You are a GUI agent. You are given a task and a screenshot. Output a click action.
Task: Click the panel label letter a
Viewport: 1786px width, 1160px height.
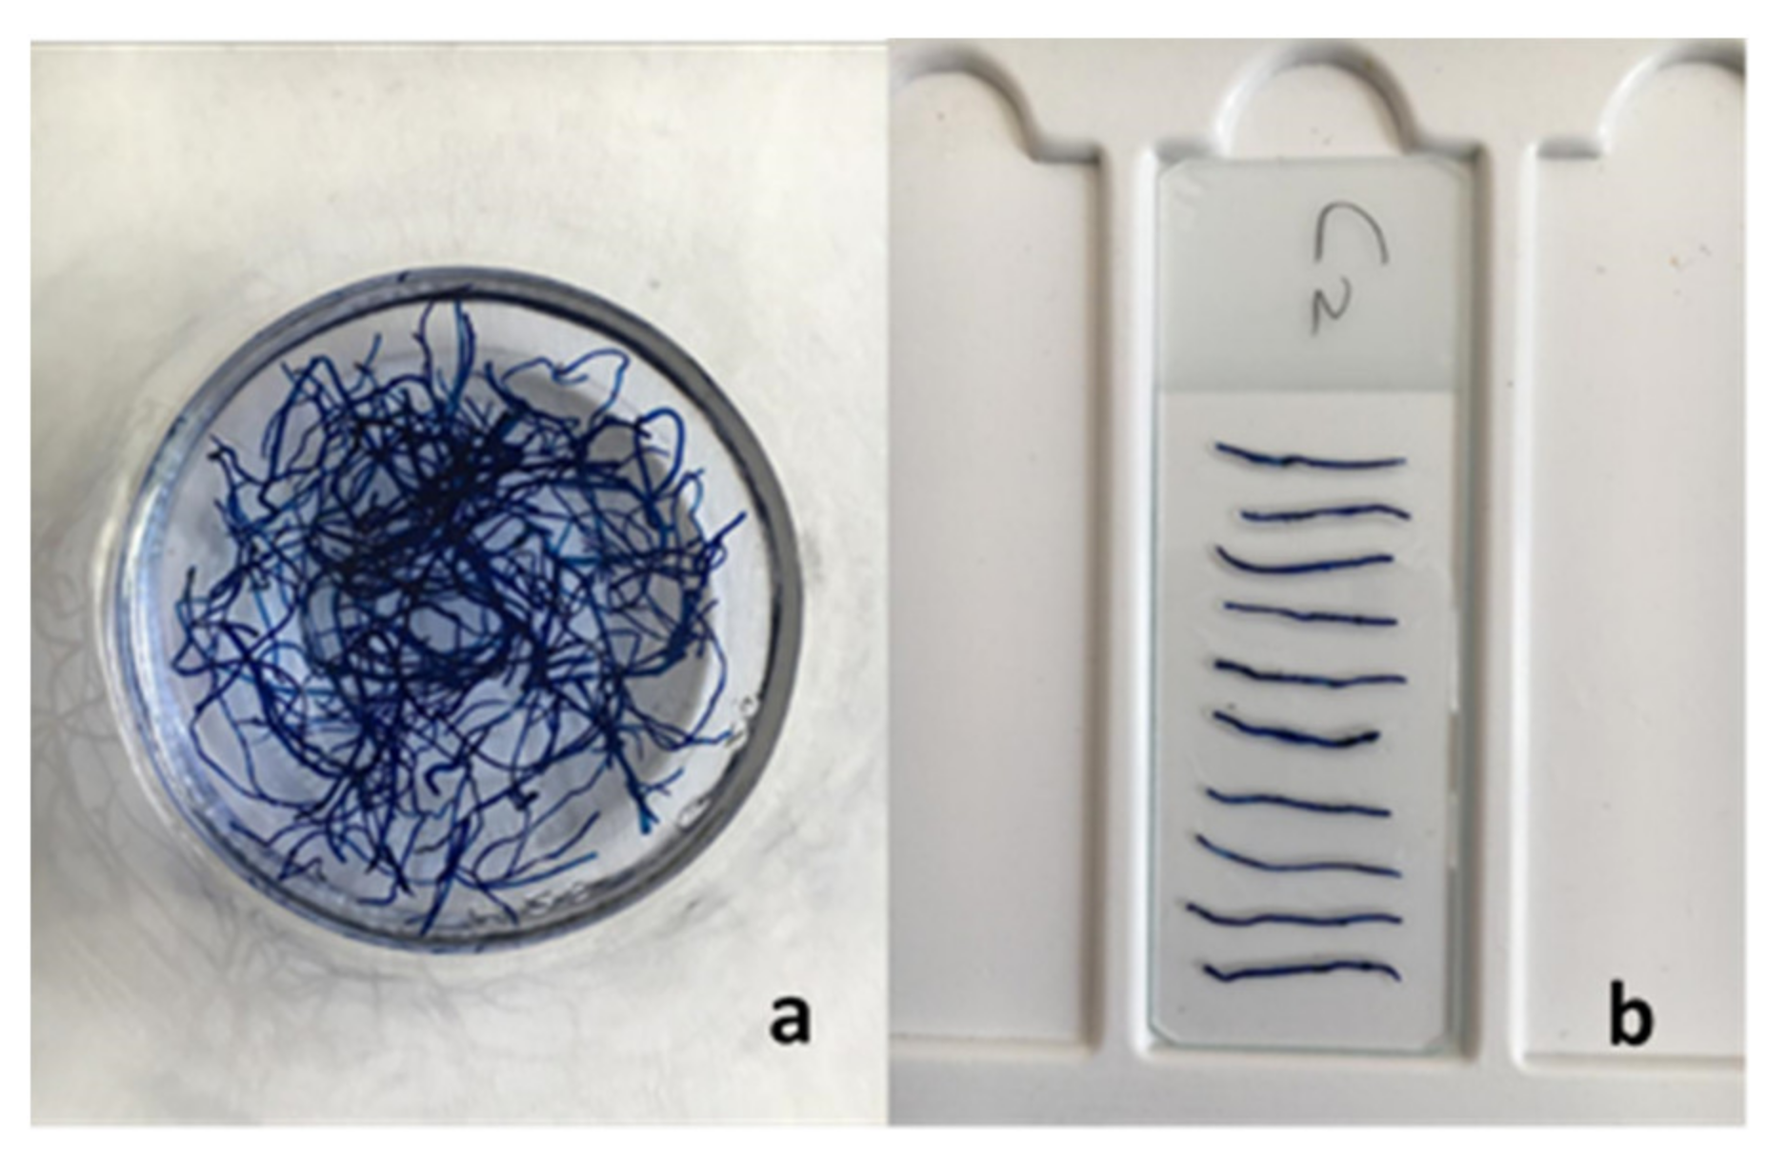(x=791, y=1021)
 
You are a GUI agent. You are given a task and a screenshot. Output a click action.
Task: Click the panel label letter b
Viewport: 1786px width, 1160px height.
(x=1632, y=1017)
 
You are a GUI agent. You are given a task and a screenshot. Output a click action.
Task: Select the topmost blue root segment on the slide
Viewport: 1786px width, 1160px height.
(x=1310, y=457)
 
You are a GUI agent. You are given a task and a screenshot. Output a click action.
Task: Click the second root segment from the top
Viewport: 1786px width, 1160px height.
(x=1326, y=512)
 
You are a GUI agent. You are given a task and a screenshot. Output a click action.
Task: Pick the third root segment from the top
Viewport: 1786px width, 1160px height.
(x=1305, y=562)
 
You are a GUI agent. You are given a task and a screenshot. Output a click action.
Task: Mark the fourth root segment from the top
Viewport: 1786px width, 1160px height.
(x=1312, y=613)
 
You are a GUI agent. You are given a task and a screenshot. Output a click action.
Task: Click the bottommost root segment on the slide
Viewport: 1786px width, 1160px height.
(x=1302, y=971)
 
